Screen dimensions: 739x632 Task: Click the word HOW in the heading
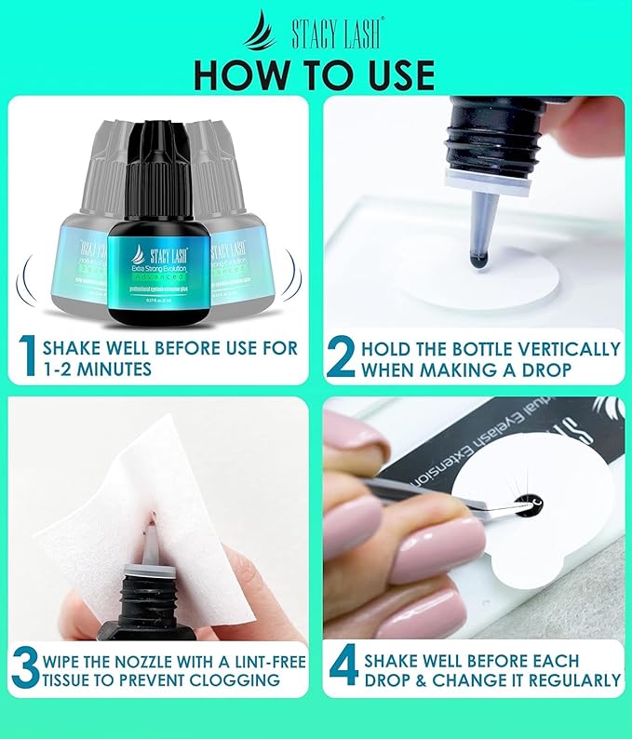pyautogui.click(x=243, y=74)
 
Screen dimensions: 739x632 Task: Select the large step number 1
pyautogui.click(x=28, y=357)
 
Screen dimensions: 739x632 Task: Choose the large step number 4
pyautogui.click(x=343, y=670)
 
